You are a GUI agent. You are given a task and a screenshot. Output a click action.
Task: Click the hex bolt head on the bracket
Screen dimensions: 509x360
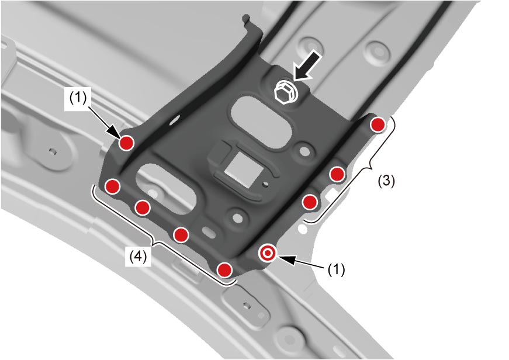point(286,91)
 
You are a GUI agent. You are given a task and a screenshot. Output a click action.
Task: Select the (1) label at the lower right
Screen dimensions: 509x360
point(336,269)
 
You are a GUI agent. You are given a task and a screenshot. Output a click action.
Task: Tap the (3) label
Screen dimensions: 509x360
point(386,181)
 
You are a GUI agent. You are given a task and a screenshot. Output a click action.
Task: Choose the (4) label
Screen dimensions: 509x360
point(138,257)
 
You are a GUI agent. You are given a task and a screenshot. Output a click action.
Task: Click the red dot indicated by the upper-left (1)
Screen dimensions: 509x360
point(126,143)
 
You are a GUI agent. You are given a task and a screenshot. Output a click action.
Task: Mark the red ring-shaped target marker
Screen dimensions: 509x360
point(268,253)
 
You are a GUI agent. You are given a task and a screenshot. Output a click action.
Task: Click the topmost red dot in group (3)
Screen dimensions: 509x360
point(378,125)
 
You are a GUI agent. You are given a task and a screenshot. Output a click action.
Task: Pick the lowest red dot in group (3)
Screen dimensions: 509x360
point(310,202)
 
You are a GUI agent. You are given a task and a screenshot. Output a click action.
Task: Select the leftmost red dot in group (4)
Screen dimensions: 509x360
point(113,186)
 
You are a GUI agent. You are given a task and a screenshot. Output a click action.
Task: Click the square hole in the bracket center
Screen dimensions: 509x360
point(244,169)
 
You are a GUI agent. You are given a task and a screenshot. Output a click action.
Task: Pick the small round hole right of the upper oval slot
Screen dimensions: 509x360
point(304,151)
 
